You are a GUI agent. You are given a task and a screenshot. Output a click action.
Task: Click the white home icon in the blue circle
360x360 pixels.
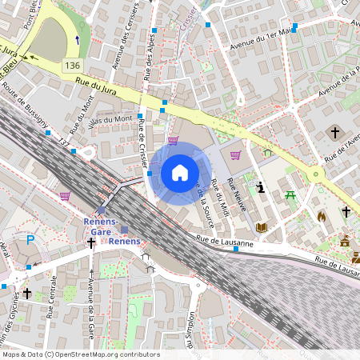click(x=180, y=173)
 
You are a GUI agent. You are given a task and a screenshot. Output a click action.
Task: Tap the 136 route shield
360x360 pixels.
click(x=74, y=64)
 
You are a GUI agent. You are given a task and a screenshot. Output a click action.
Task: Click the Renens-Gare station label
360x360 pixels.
click(x=101, y=221)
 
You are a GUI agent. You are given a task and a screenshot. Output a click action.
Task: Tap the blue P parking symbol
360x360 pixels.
click(x=31, y=238)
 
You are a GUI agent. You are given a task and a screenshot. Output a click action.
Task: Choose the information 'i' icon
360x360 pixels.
click(x=261, y=187)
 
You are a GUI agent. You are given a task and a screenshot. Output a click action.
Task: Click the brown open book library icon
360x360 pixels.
click(x=261, y=228)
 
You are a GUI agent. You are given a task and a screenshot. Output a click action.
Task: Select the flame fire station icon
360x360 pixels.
click(x=322, y=216)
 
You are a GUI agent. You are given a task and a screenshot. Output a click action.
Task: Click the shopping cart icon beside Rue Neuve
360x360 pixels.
click(x=235, y=155)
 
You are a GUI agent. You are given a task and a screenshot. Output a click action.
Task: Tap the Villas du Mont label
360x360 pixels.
click(x=111, y=120)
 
